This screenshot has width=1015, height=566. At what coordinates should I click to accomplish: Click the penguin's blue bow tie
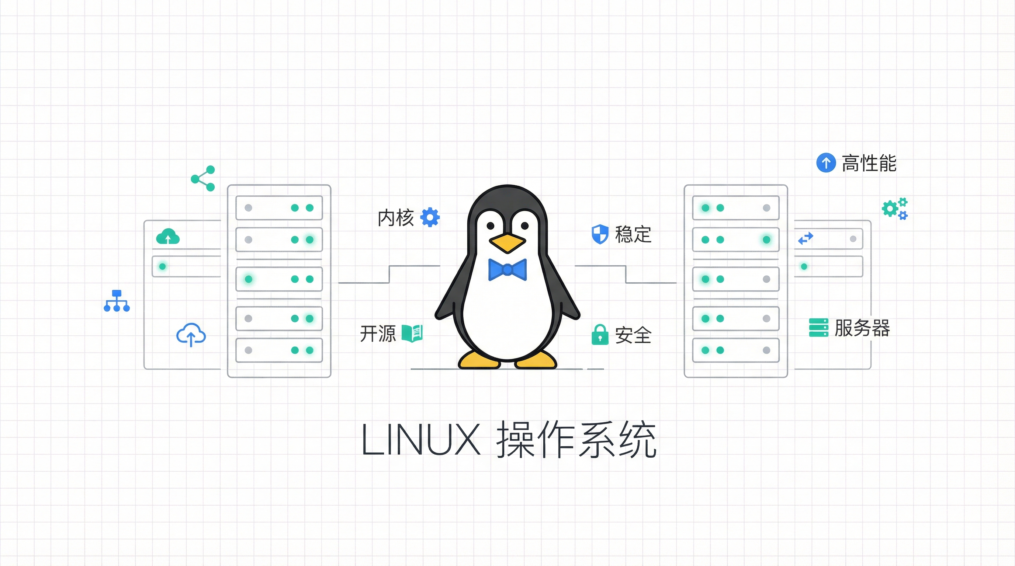tap(507, 270)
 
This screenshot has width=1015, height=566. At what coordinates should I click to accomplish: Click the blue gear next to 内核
tap(430, 217)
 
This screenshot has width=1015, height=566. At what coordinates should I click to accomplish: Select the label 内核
tap(396, 218)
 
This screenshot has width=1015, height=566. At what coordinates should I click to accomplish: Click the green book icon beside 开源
tap(412, 333)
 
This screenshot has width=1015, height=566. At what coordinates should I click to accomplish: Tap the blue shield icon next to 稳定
tap(600, 234)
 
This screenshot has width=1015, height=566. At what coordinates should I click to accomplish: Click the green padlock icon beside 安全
tap(600, 335)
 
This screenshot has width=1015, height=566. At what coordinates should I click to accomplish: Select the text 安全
tap(633, 335)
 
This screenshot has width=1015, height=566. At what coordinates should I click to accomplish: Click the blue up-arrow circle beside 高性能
tap(826, 163)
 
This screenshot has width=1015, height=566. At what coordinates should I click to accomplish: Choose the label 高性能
tap(869, 163)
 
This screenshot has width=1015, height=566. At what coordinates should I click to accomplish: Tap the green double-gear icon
tap(895, 209)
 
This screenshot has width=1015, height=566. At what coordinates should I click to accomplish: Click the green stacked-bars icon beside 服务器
tap(819, 328)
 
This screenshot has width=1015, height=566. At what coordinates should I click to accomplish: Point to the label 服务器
tap(862, 328)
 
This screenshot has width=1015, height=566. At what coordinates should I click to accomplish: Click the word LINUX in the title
tap(421, 440)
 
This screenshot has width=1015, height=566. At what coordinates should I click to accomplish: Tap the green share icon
tap(203, 178)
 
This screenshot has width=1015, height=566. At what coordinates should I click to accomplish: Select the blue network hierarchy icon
tap(117, 301)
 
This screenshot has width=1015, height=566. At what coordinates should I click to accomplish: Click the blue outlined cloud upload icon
tap(191, 335)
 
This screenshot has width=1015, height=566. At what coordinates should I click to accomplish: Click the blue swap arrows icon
tap(806, 238)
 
